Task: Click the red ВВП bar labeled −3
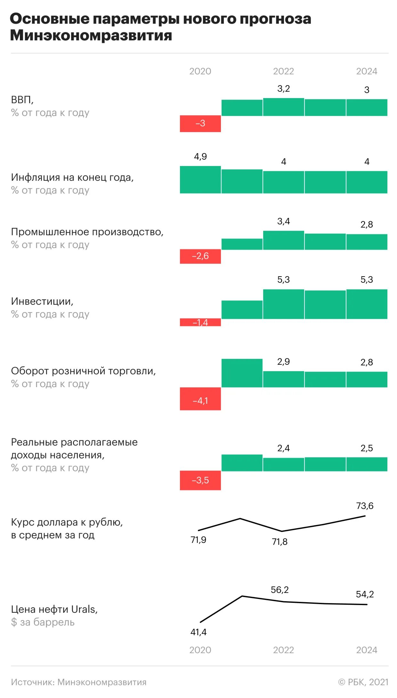coord(200,123)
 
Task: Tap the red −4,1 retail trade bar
coord(200,399)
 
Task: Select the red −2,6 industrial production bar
coord(200,256)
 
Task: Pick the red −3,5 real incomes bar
coord(200,480)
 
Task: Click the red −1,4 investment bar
coord(200,322)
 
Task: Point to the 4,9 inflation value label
coord(200,156)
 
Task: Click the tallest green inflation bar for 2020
coord(200,179)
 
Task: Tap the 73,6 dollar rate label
coord(365,506)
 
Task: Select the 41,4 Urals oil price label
coord(198,632)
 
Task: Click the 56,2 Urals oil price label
coord(280,590)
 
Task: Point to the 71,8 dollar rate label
coord(280,542)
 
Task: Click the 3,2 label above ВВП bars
coord(283,88)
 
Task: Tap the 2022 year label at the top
coord(283,71)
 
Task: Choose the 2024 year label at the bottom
coord(367,650)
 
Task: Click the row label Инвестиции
coord(42,301)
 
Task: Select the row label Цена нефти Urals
coord(54,609)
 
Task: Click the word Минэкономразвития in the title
coord(91,35)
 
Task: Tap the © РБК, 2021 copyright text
coord(363,682)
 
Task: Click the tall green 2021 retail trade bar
coord(242,373)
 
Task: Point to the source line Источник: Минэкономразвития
coord(78,682)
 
